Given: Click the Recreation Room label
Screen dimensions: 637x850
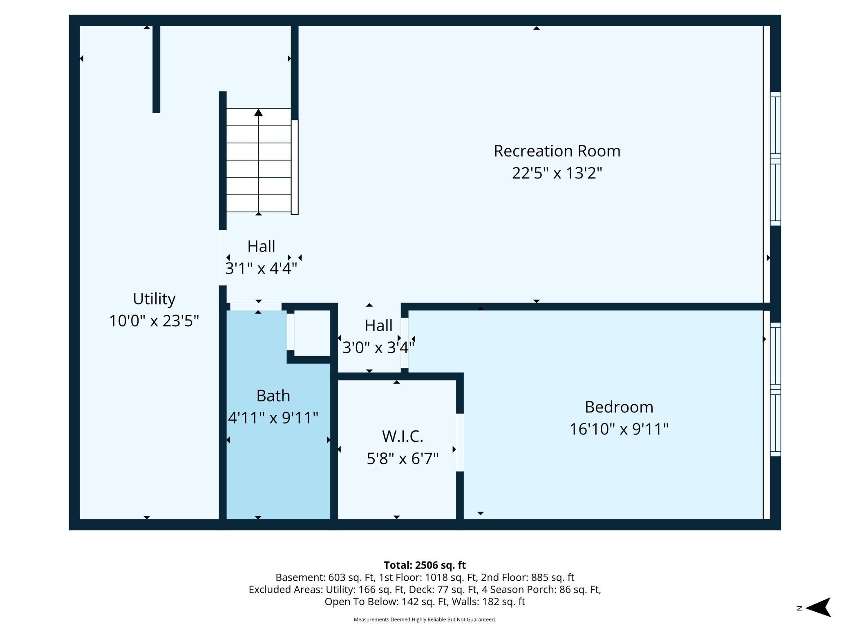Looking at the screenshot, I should coord(557,151).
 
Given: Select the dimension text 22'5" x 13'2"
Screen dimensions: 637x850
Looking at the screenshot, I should coord(557,173).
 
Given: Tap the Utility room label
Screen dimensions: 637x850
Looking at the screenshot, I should coord(154,299).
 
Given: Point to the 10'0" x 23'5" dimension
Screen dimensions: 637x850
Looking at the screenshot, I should coord(154,321).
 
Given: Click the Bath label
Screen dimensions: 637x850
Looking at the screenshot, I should coord(273,396).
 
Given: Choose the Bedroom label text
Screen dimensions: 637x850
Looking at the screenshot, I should coord(619,407).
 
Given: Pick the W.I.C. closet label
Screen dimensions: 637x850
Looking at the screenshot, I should coord(403,437).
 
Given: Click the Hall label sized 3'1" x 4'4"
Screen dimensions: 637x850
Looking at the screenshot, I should coord(261,246).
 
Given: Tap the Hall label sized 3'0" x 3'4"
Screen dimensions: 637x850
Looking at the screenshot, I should coord(378,325).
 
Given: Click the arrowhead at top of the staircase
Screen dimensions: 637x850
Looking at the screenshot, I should coord(258,112).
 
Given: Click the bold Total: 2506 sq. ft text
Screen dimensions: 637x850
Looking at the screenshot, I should coord(425,565).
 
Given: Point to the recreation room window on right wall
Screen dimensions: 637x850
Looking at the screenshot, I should coord(775,159).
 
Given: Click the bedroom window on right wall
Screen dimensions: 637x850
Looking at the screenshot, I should coord(775,390).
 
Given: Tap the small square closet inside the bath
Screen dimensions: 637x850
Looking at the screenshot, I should coord(312,333).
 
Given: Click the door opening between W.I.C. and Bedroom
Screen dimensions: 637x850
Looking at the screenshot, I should coord(460,442).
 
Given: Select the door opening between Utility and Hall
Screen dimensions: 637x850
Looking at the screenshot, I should coord(223,258).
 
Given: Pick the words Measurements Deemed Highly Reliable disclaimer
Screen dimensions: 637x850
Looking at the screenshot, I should coord(425,619).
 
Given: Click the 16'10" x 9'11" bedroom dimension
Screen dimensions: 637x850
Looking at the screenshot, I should coord(619,429).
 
